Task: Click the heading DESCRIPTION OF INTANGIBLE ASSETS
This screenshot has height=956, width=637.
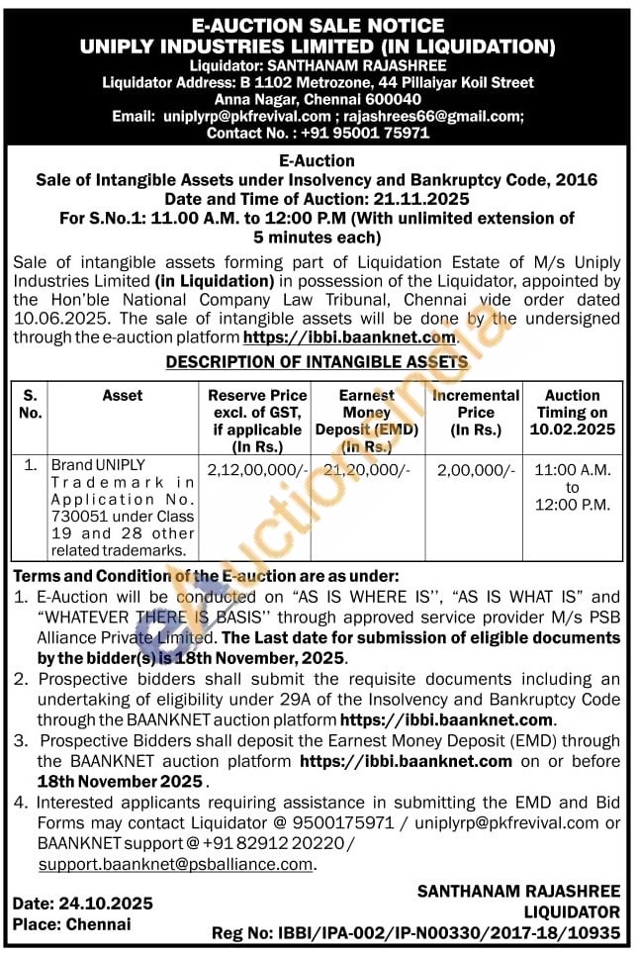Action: (318, 362)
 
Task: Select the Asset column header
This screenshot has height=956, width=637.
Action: (122, 395)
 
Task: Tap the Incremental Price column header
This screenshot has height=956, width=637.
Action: (476, 403)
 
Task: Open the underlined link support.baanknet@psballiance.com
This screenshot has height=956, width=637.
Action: (176, 864)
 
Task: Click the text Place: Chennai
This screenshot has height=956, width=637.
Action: (71, 923)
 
